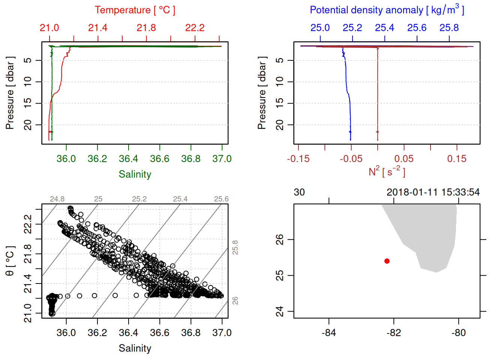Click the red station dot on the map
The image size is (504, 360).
pyautogui.click(x=387, y=261)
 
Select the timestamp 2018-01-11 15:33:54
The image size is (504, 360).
pyautogui.click(x=433, y=192)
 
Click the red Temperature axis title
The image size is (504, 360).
pyautogui.click(x=135, y=10)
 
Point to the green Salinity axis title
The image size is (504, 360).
pyautogui.click(x=135, y=174)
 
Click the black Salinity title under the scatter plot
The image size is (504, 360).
pyautogui.click(x=135, y=348)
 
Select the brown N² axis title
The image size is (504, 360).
pyautogui.click(x=387, y=171)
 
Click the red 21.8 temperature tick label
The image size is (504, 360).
pyautogui.click(x=146, y=28)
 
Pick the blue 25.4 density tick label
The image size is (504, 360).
pyautogui.click(x=385, y=28)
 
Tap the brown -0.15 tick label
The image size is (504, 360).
pyautogui.click(x=298, y=159)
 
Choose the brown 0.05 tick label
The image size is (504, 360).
pyautogui.click(x=404, y=159)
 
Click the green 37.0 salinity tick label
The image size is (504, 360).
pyautogui.click(x=222, y=159)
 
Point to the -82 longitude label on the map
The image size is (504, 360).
pyautogui.click(x=394, y=333)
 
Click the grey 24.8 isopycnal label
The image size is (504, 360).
pyautogui.click(x=57, y=199)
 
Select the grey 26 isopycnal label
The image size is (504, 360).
pyautogui.click(x=235, y=300)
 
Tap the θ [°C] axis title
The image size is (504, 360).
pyautogui.click(x=10, y=261)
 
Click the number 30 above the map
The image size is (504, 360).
pyautogui.click(x=299, y=192)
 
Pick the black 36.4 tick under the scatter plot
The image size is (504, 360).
pyautogui.click(x=129, y=333)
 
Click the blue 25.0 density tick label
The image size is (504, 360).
pyautogui.click(x=320, y=28)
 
